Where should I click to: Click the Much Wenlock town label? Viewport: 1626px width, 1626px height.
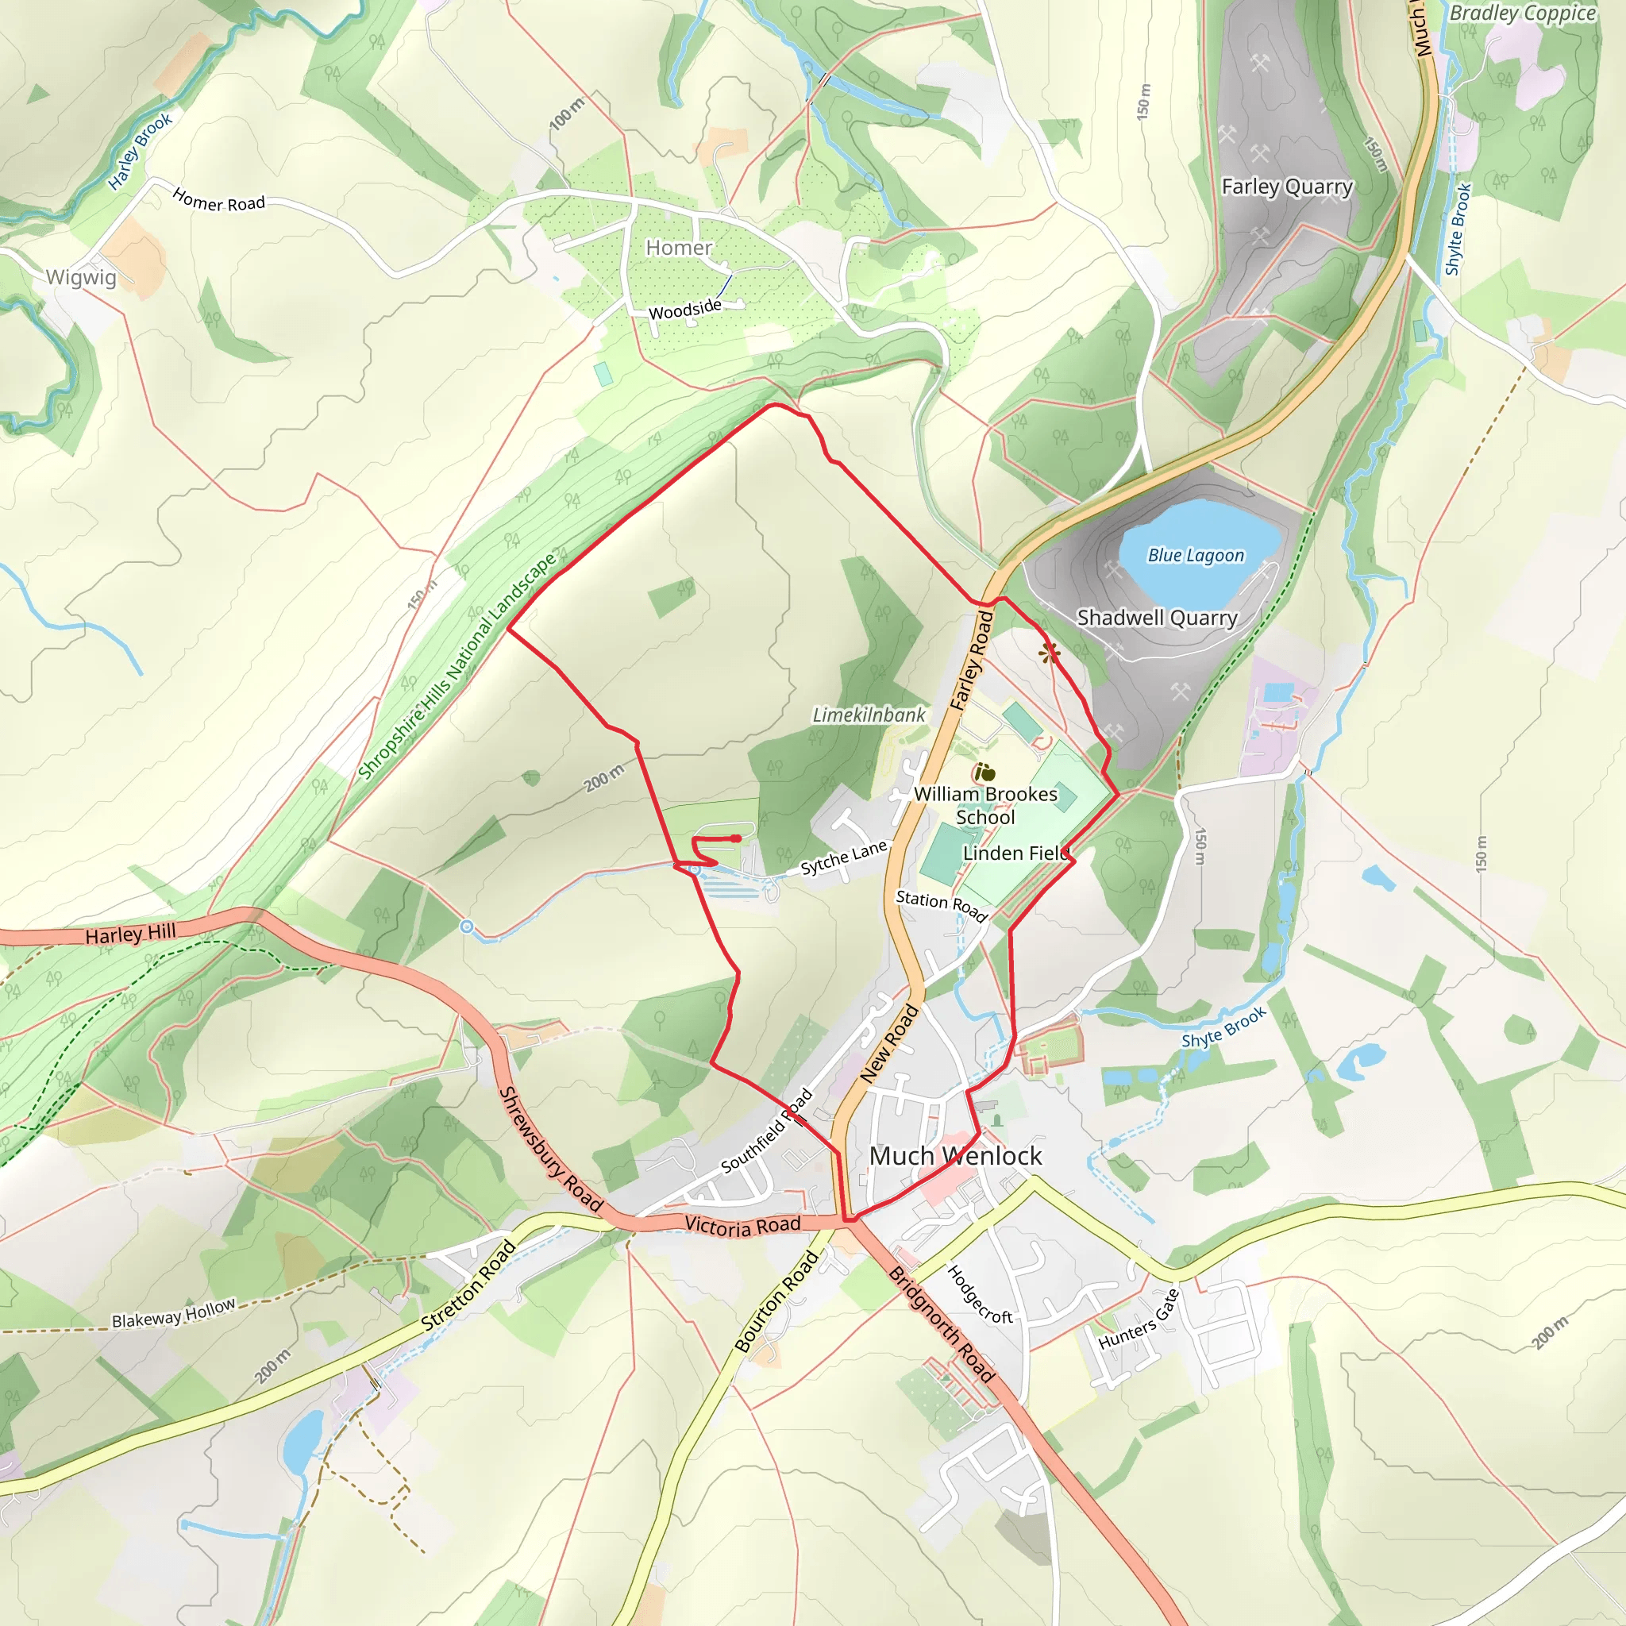pos(955,1155)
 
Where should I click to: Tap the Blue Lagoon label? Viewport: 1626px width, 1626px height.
pos(1195,556)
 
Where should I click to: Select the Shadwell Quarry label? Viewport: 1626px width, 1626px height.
pos(1158,618)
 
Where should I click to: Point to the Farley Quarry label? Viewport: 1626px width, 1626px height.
pos(1287,186)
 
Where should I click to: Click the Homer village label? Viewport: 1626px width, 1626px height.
pos(678,248)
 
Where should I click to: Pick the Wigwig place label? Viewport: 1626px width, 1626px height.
pos(81,277)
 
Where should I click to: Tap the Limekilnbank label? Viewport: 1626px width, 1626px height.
pos(869,715)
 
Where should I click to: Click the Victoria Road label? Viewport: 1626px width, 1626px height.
pos(742,1225)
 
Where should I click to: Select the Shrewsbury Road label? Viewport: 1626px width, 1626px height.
pos(551,1150)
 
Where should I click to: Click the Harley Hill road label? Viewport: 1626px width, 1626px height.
pos(130,934)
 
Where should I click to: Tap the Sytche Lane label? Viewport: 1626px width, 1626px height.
pos(843,857)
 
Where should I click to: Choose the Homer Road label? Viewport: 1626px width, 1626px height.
pos(219,201)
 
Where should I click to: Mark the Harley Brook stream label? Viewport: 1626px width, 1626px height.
pos(140,152)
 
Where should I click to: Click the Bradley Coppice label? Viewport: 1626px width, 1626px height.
pos(1523,13)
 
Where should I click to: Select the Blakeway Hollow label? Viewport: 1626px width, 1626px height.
pos(173,1314)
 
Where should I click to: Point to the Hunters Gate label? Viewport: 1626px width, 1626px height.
pos(1139,1319)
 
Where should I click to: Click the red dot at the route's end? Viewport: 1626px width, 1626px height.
pos(737,838)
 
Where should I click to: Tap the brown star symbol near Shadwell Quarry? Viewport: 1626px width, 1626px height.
pos(1049,653)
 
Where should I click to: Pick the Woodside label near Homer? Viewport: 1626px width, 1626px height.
pos(685,310)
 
